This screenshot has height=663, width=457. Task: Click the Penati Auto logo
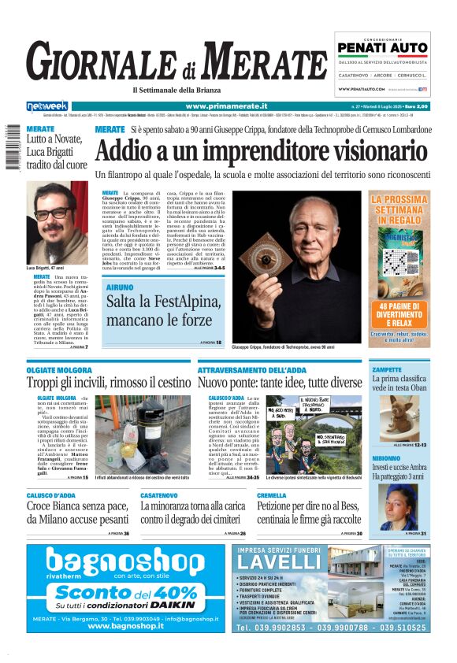pos(382,49)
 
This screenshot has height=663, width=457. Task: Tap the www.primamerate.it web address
pos(226,106)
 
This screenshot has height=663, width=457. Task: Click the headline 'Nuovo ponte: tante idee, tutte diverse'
pos(280,383)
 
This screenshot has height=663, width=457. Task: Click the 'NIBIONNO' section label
pos(386,457)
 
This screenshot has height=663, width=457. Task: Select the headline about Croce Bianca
pos(76,513)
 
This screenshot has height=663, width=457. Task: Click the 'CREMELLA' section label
pos(272,494)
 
